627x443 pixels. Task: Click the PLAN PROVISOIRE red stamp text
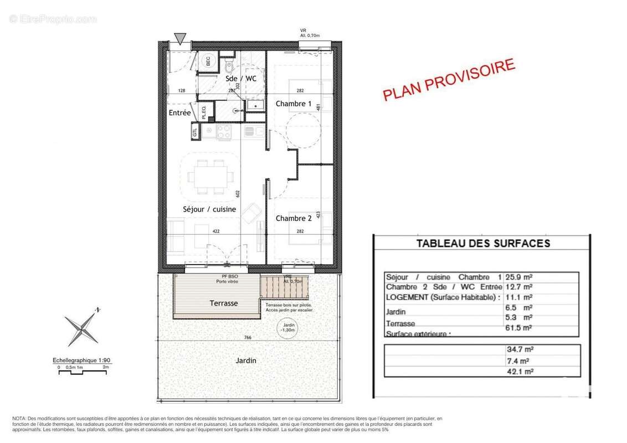coord(449,80)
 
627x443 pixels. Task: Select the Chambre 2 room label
coord(294,218)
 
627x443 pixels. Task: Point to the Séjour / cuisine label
coord(209,209)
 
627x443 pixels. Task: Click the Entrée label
coord(180,113)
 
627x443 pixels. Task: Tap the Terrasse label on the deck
coord(224,303)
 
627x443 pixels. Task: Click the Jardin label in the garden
coord(245,360)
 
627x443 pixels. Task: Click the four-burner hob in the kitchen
coord(224,132)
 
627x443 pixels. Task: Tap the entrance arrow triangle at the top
coord(179,38)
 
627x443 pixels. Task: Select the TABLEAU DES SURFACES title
coord(483,243)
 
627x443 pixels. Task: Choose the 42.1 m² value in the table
coord(521,372)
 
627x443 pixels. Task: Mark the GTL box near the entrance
coord(195,133)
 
